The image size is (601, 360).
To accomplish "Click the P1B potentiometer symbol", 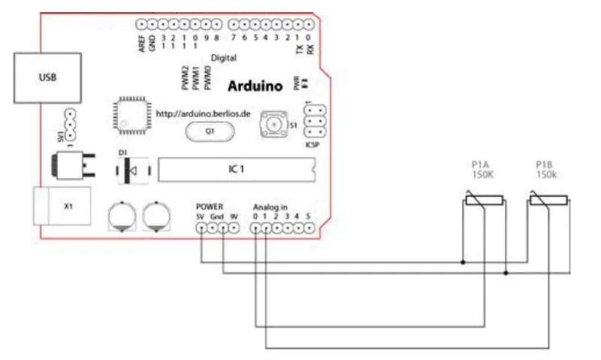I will pos(548,201).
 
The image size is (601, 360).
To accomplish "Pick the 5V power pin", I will pos(201,228).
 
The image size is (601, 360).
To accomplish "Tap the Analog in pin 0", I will pos(255,228).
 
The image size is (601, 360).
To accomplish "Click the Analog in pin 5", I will pos(309,228).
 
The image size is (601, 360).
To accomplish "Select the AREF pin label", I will pos(141,44).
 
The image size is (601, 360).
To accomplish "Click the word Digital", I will pos(223,57).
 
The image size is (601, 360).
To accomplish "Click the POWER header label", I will pos(210,205).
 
